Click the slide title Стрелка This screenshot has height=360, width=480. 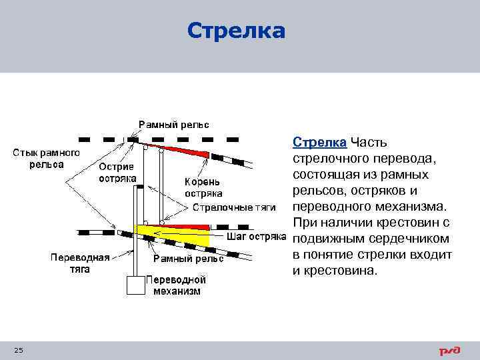point(236,31)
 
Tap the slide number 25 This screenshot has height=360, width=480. point(19,350)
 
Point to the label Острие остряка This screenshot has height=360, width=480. point(117,172)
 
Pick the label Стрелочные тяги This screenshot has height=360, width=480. point(234,207)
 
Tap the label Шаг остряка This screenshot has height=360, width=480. point(256,235)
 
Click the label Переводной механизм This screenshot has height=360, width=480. point(176,285)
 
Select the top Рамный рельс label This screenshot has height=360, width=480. point(173,125)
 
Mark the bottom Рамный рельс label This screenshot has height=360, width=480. point(189,258)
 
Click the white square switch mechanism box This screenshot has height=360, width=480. point(135,285)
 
